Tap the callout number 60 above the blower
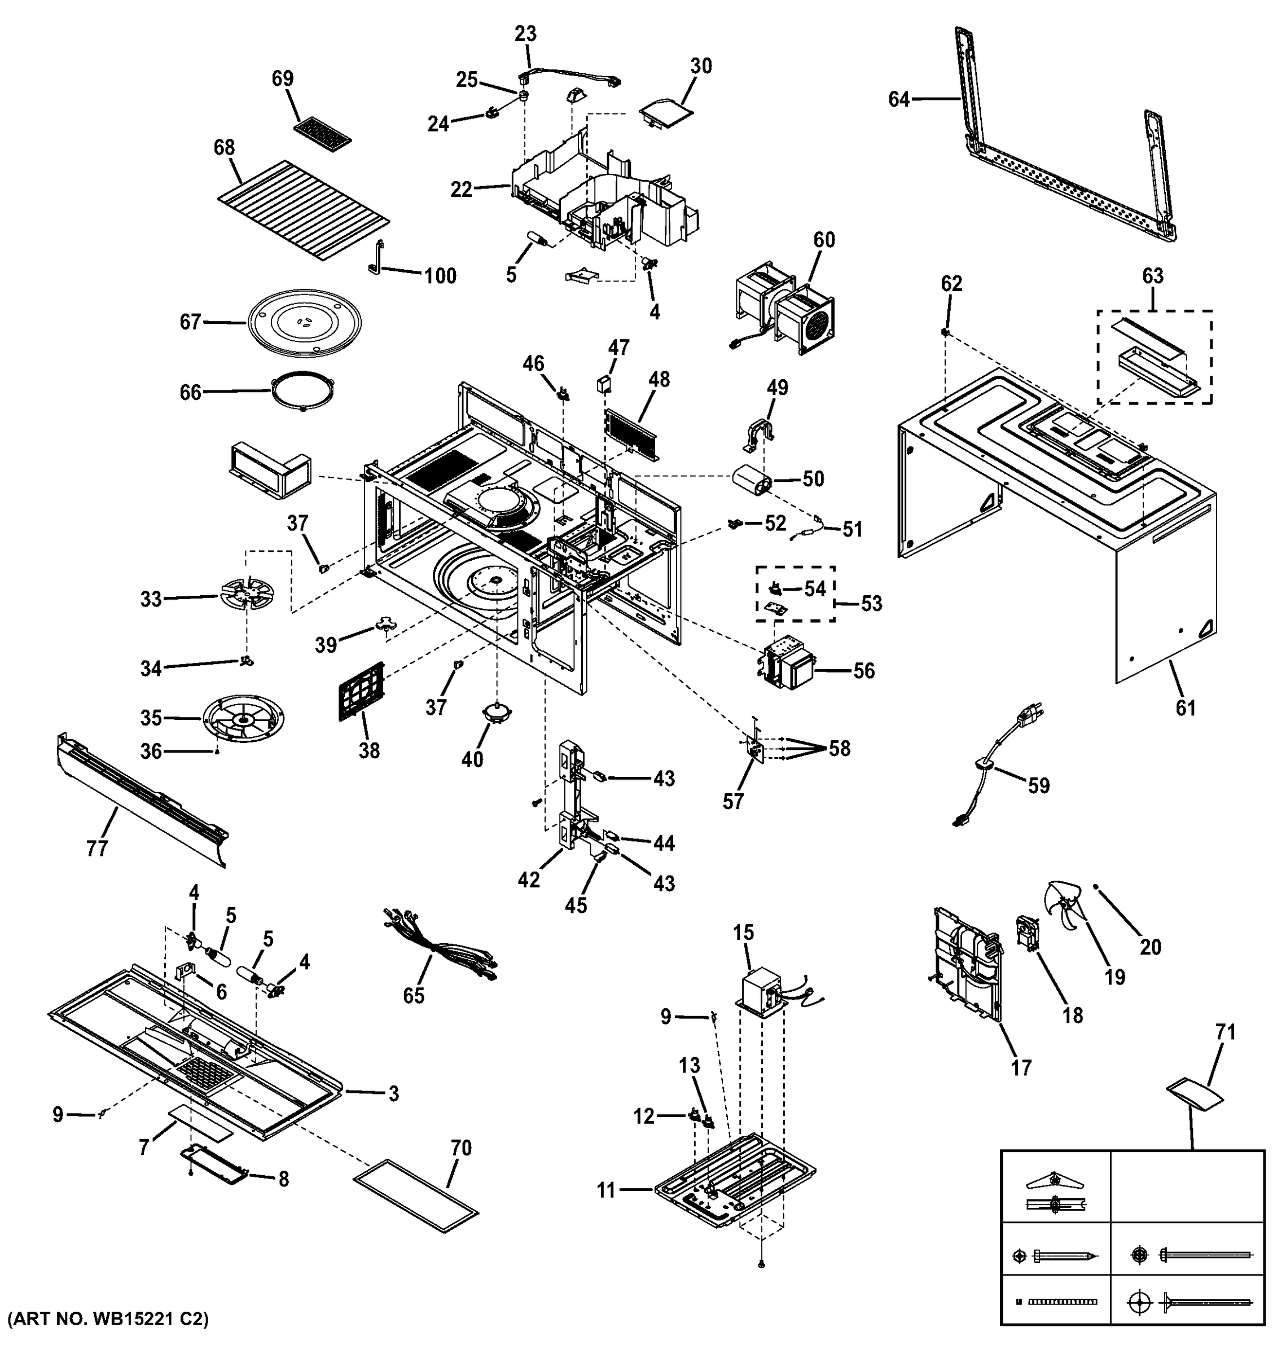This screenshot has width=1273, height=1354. coord(823,240)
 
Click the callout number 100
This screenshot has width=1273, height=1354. coord(440,276)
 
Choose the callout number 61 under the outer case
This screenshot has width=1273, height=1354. coord(1185,709)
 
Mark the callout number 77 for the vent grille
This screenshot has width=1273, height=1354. coord(96,848)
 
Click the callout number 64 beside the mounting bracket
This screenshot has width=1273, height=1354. coord(899,100)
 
